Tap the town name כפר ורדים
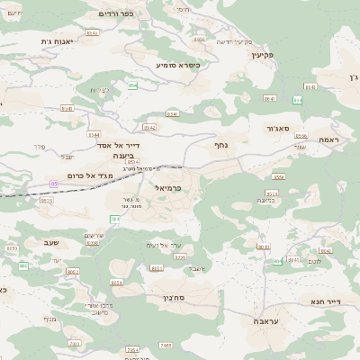pos(123,13)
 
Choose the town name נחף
pos(222,144)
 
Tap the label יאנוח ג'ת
pos(59,41)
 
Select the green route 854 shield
pos(132,85)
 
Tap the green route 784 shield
pos(114,219)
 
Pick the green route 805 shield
pos(263,246)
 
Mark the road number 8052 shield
pos(73,271)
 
